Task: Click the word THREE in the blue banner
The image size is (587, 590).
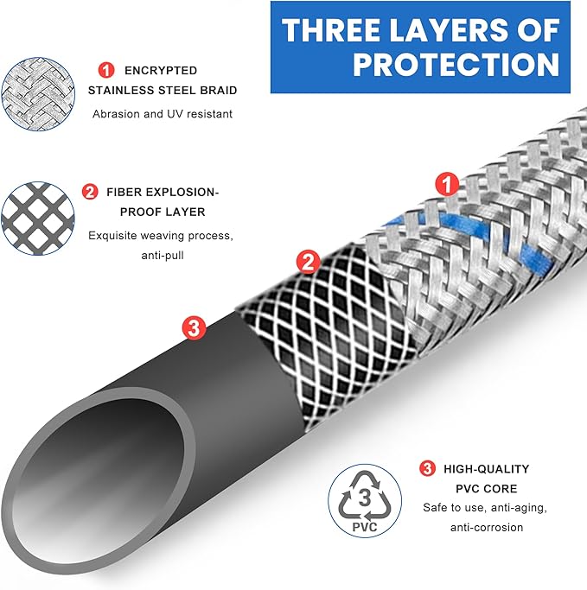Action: tap(331, 30)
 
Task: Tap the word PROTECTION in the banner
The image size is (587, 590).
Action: tap(456, 64)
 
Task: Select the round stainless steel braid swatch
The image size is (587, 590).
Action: tap(38, 94)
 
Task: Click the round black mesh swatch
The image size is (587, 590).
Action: tap(38, 219)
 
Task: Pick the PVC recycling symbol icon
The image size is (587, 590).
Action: tap(365, 500)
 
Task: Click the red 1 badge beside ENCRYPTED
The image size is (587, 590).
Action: tap(106, 70)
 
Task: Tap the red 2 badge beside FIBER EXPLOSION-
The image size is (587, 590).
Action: tap(90, 192)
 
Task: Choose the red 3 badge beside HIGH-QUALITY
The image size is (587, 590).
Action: tap(427, 468)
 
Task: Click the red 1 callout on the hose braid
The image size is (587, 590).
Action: tap(447, 184)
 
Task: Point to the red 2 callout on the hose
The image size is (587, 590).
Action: tap(309, 262)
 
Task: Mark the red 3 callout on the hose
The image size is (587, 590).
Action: tap(194, 327)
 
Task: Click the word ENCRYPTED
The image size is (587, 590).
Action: tap(161, 70)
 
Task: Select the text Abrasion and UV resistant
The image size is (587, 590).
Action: tap(163, 114)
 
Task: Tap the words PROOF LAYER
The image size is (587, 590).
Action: tap(163, 212)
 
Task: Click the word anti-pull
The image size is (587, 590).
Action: tap(163, 256)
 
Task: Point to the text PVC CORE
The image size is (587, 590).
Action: tap(487, 488)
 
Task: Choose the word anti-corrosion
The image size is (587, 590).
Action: tap(487, 527)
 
